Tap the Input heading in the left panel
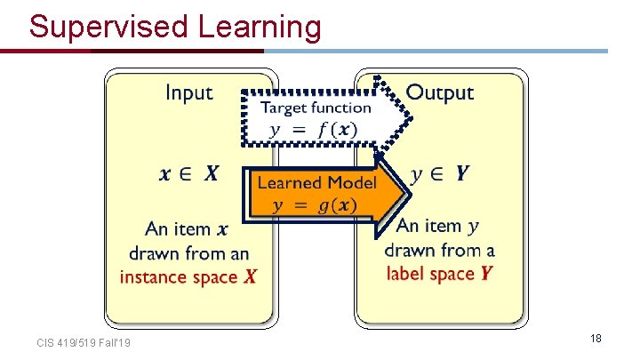click(189, 92)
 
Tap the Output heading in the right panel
click(439, 92)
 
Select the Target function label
click(316, 108)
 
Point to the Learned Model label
click(316, 182)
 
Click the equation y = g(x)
click(315, 205)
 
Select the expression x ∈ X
click(188, 174)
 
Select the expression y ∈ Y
click(439, 173)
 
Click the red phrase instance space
click(179, 277)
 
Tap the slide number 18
click(596, 339)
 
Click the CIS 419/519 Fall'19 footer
click(84, 343)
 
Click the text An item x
click(188, 229)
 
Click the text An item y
click(439, 227)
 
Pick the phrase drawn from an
click(188, 253)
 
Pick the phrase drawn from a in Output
click(439, 251)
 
